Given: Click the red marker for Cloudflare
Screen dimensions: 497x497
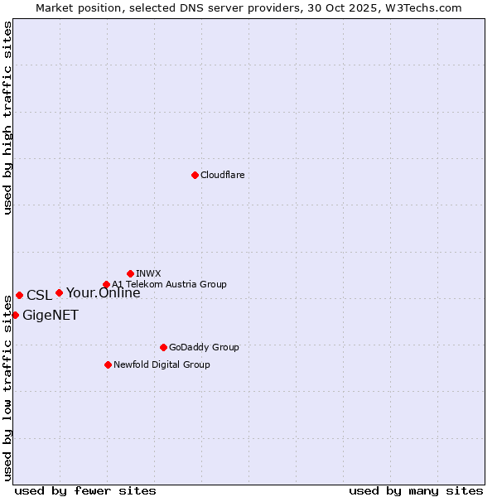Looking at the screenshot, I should pos(195,175).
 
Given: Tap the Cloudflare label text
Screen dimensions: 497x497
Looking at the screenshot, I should pos(223,175).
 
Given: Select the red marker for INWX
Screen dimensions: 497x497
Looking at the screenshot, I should pos(130,273).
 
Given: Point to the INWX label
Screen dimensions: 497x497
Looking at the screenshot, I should pos(148,273).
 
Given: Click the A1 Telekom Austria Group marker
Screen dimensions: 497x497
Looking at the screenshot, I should pos(106,285).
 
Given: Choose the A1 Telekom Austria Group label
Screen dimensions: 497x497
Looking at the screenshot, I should pos(169,284).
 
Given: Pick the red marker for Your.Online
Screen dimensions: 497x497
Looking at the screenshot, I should pos(59,292).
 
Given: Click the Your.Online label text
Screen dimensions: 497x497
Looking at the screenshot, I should pos(104,292).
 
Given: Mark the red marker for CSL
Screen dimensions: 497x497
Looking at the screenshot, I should pos(19,295).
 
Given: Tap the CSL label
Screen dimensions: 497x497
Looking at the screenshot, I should pos(39,296).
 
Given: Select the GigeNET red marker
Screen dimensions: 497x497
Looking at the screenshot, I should pos(15,315).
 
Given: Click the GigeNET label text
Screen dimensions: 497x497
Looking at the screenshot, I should pos(51,315).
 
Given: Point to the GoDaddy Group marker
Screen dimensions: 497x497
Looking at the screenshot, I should pos(163,347).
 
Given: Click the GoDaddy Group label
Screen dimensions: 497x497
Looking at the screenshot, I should pos(204,347).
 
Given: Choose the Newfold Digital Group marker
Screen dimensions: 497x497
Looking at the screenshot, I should pos(108,364).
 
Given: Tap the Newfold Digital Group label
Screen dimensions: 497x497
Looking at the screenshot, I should pos(162,364).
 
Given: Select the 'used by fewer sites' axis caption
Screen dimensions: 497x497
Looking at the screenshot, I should pos(85,490).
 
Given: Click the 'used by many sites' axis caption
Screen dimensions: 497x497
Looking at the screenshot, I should pos(416,490).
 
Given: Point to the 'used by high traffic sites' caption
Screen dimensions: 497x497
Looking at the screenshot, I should pos(7,118).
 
